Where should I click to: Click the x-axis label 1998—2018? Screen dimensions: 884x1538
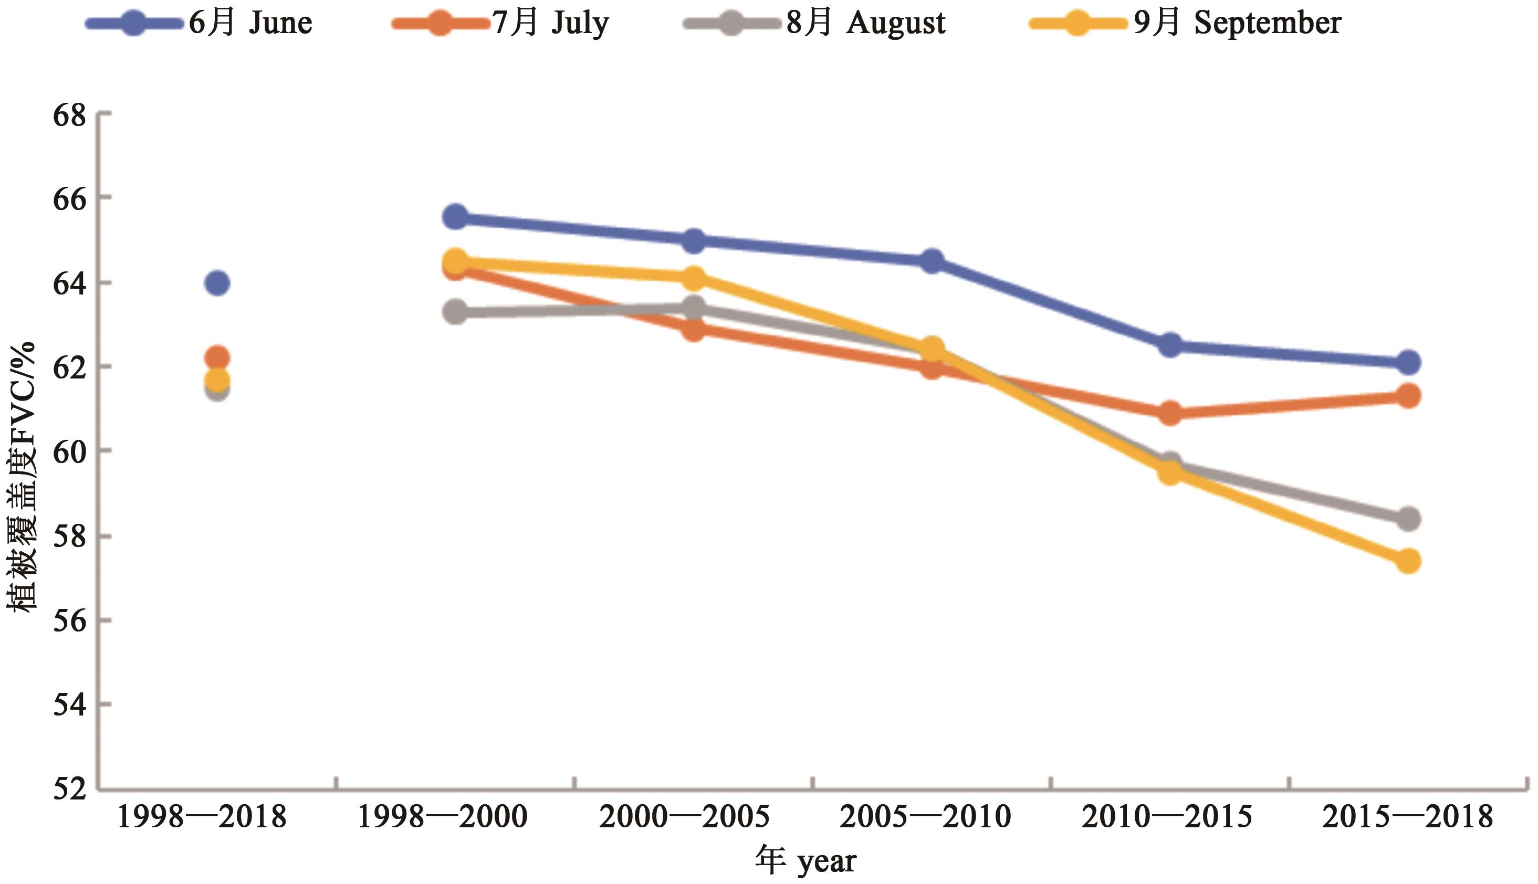pos(201,817)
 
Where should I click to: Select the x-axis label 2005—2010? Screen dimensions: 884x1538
pos(925,817)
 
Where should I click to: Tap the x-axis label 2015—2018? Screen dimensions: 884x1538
pos(1407,817)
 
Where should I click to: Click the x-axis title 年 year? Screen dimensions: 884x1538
pos(805,861)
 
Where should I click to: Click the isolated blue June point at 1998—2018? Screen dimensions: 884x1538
pos(217,283)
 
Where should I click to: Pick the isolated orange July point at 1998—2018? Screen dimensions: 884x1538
pos(217,357)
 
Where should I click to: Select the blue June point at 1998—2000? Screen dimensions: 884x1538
pos(455,217)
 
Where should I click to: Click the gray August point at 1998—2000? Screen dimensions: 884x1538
pos(455,313)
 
